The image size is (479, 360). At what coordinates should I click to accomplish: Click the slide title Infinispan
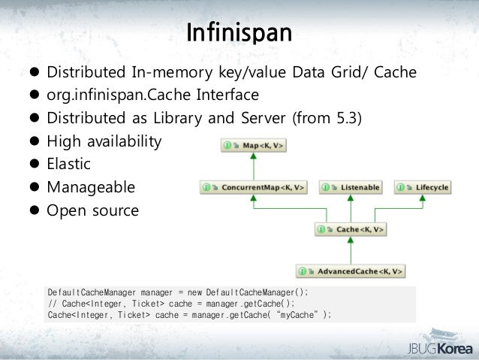239,33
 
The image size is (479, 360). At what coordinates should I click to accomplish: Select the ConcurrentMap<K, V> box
255,186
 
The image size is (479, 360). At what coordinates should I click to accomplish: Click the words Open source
92,211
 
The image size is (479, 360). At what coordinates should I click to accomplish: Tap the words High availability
104,141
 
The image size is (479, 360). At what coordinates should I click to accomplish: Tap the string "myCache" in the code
294,314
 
